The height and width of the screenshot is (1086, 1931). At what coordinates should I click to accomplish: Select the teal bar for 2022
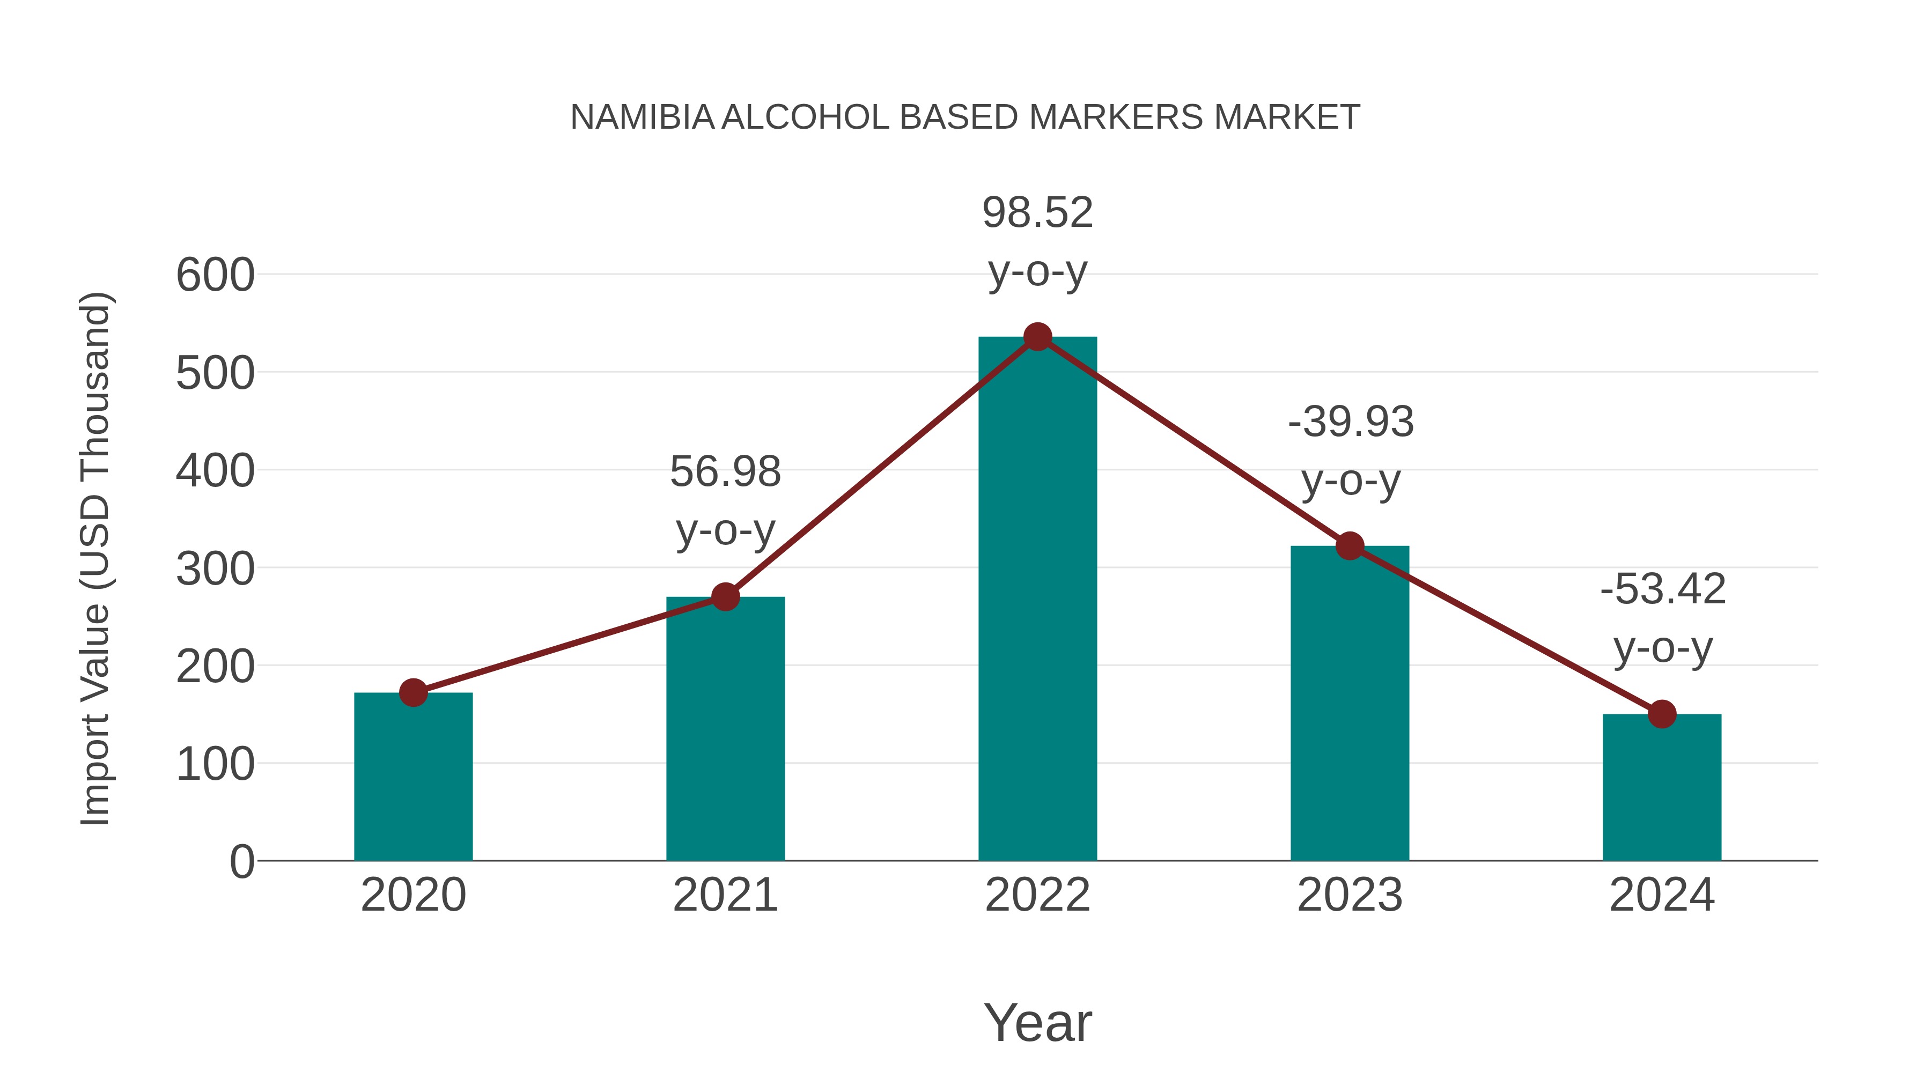(1037, 600)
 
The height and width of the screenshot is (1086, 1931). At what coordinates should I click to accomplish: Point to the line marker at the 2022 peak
(1037, 337)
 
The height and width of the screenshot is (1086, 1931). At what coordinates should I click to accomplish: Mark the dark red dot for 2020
(413, 692)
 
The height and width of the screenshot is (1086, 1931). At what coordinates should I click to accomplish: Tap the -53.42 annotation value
(1662, 589)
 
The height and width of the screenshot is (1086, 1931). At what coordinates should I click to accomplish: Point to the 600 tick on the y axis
(215, 275)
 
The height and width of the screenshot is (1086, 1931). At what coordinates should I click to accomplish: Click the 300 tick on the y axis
(215, 569)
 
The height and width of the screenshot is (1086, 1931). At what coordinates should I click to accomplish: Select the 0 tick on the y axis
(241, 861)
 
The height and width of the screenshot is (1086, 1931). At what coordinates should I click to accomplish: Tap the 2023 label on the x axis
(1350, 895)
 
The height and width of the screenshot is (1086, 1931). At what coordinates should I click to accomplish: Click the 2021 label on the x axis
(725, 895)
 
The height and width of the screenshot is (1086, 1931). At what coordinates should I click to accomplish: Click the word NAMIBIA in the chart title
(642, 117)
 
